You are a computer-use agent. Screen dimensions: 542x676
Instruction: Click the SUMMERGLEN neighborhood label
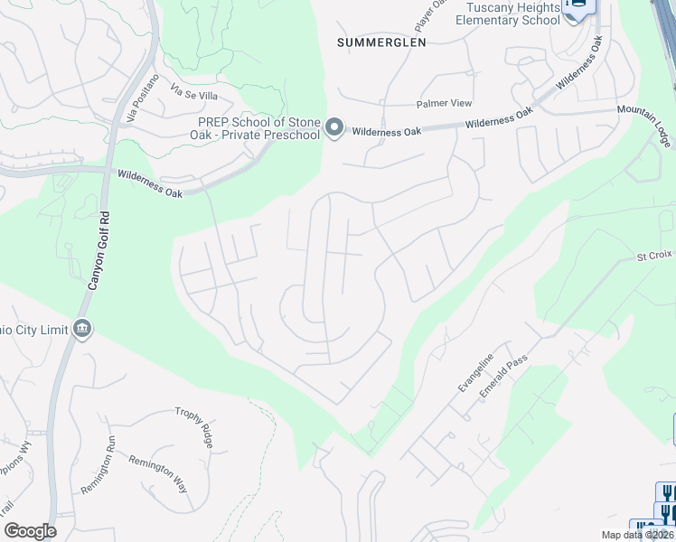(380, 42)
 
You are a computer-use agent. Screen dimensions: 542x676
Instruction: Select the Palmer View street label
(444, 104)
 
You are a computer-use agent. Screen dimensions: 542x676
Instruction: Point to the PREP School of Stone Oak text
(260, 128)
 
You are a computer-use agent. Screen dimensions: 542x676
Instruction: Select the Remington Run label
(99, 465)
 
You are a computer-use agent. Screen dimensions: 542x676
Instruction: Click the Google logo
(29, 531)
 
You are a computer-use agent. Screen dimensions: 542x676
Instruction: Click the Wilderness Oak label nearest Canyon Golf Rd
(144, 176)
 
